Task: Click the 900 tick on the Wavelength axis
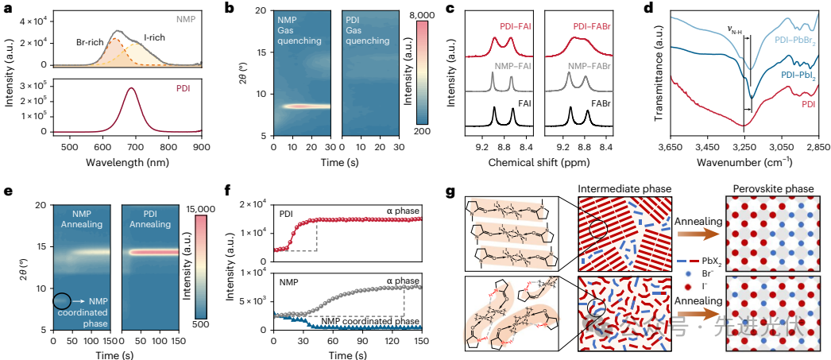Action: pos(203,147)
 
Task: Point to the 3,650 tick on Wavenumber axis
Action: pos(670,147)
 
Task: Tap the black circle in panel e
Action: pos(61,301)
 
